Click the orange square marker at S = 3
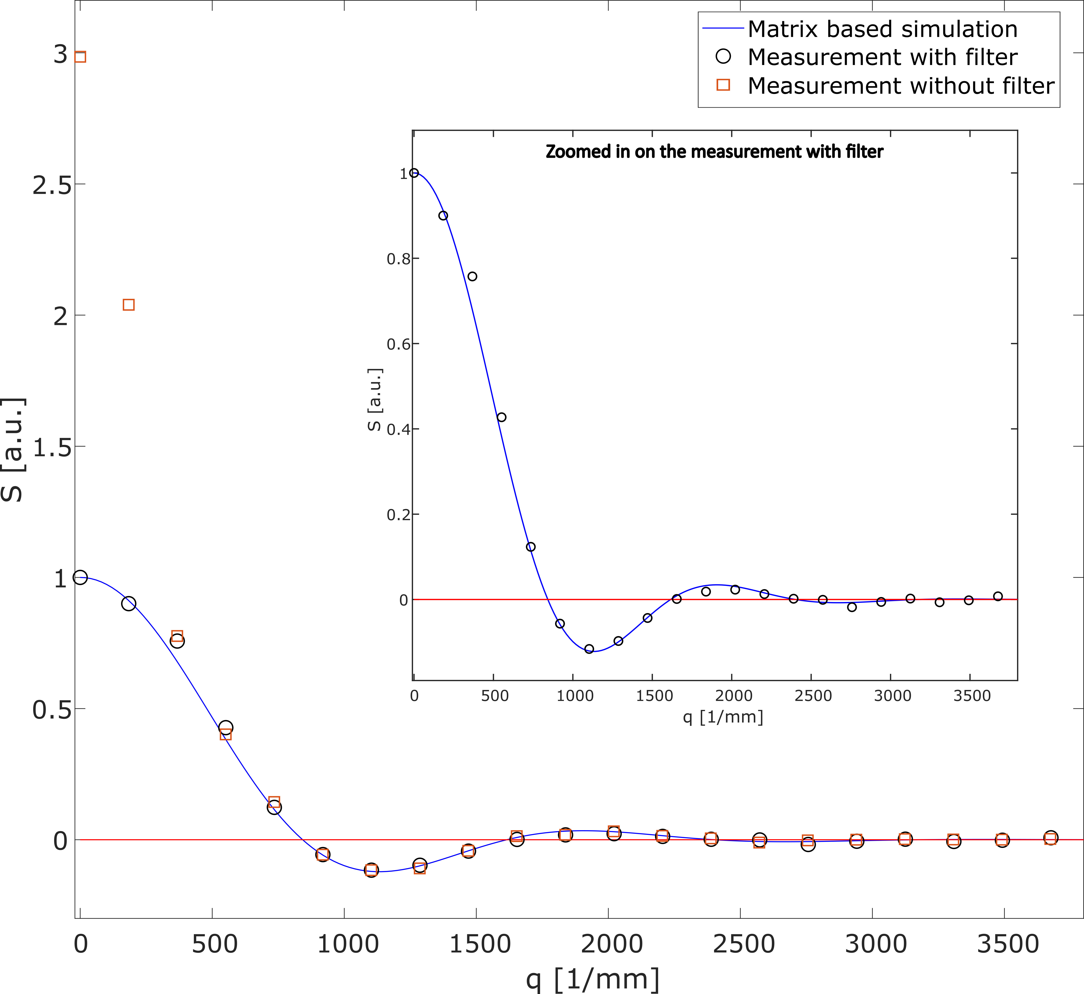click(x=80, y=57)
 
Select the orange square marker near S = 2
click(x=129, y=305)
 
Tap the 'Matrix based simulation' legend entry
click(x=882, y=29)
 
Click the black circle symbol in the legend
click(x=724, y=57)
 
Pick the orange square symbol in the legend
click(x=724, y=85)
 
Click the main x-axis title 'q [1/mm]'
click(x=592, y=979)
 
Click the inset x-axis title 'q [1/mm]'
click(x=723, y=717)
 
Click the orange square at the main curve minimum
click(x=371, y=870)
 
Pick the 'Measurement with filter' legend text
click(x=882, y=57)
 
